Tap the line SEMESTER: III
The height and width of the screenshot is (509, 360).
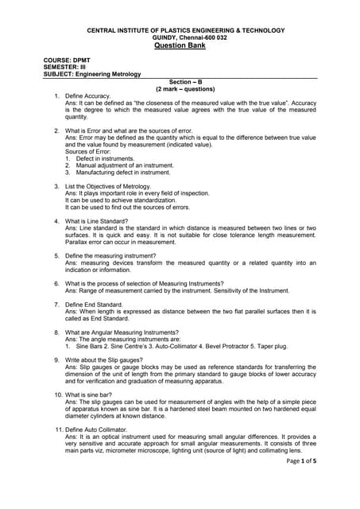64,68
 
